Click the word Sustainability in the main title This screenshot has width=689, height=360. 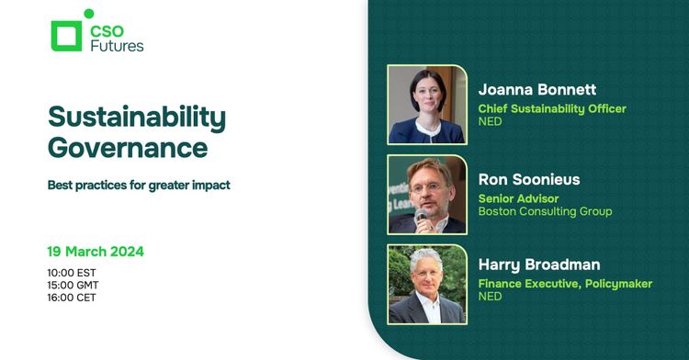pos(137,118)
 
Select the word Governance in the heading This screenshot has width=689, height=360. pos(128,147)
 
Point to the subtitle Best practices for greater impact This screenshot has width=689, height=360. pos(139,185)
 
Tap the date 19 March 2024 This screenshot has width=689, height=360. pos(96,251)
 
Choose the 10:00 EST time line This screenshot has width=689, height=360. pos(72,273)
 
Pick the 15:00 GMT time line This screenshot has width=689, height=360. pos(73,285)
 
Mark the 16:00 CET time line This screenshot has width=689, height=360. pos(72,297)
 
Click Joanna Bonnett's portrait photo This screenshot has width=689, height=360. pos(427,104)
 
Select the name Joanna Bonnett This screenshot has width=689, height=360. pos(537,90)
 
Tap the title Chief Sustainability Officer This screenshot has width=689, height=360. pos(552,108)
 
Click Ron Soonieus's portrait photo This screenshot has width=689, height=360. pos(427,194)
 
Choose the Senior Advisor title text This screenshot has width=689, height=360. pos(519,198)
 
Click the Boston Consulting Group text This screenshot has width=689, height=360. pos(545,211)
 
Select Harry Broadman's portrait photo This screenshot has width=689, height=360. pos(427,284)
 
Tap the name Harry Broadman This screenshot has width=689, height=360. pos(539,265)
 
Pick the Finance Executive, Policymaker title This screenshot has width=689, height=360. pos(565,284)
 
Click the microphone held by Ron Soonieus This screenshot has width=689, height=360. pos(422,217)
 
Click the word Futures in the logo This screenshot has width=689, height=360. pos(117,45)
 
